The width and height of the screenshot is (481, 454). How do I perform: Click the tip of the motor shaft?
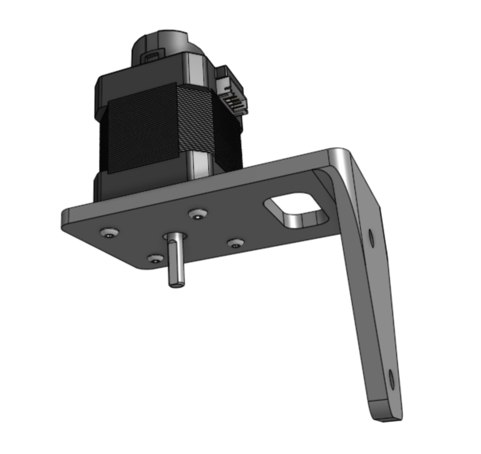coord(176,284)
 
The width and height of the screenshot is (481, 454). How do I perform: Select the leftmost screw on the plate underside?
coord(109,233)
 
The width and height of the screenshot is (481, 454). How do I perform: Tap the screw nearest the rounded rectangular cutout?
coord(197,214)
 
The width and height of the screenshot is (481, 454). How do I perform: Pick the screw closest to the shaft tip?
coord(155,258)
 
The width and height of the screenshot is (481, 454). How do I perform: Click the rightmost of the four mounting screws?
coord(235,243)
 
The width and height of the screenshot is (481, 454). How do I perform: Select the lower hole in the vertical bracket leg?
coord(391,379)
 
